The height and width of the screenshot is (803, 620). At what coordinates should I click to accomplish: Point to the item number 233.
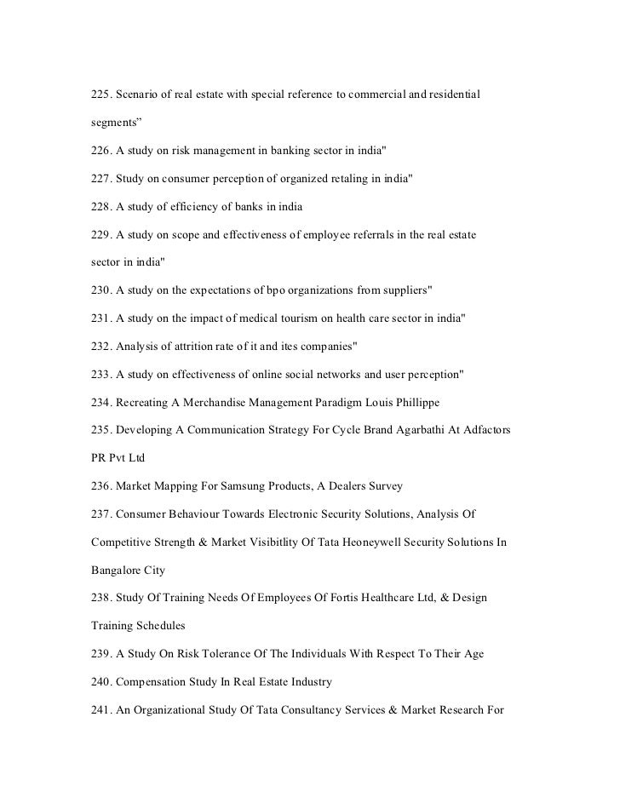(101, 374)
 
